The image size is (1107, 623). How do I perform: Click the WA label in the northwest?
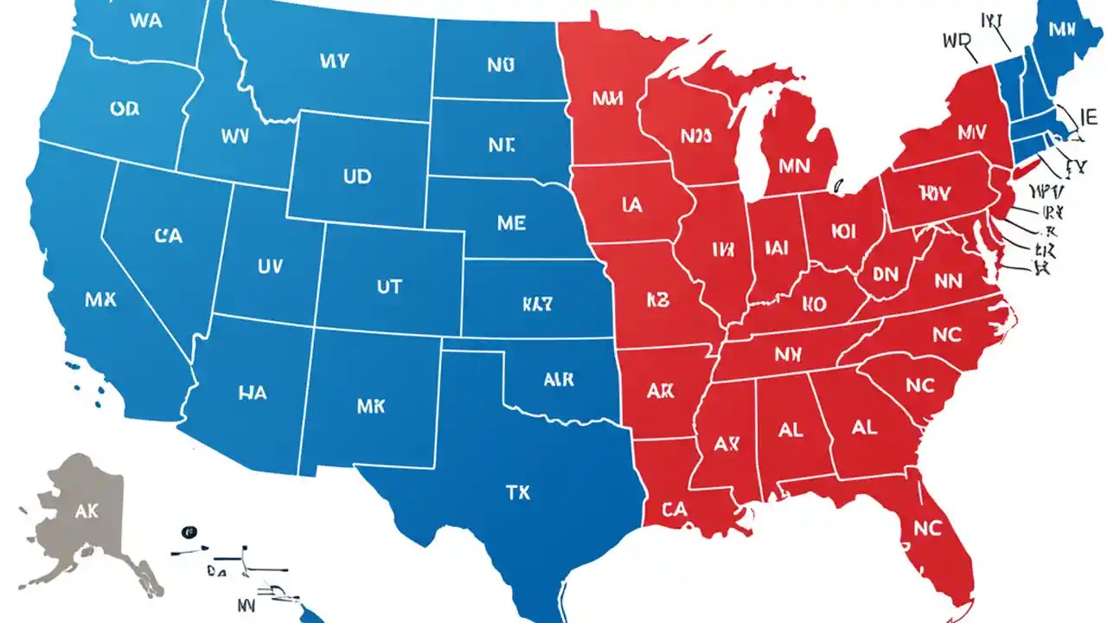tap(144, 22)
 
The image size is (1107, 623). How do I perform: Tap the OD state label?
tap(126, 109)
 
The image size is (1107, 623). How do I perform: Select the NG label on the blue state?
tap(501, 65)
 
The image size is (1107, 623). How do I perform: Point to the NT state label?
tap(501, 146)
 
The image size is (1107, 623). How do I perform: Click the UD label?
tap(356, 177)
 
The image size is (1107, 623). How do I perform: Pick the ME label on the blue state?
tap(511, 223)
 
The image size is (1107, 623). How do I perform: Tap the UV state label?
tap(269, 267)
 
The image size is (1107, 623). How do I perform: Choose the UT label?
tap(389, 286)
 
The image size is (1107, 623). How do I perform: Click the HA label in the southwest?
tap(251, 393)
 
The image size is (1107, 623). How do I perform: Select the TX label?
tap(517, 493)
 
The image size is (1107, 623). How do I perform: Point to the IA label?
tap(631, 205)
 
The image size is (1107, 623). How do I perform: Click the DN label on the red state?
tap(885, 274)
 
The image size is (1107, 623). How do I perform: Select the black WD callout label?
tap(957, 41)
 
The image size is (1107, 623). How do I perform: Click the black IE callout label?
tap(1088, 114)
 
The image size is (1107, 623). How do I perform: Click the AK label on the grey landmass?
tap(86, 511)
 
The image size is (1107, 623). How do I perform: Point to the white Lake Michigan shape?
tap(751, 156)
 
